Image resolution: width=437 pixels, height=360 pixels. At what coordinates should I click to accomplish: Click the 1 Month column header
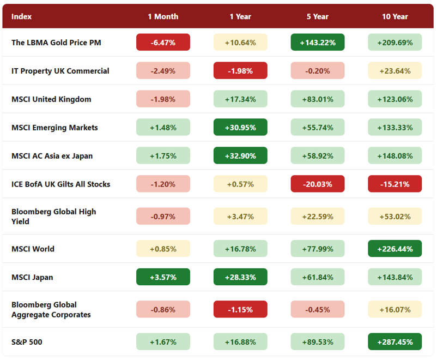coord(163,16)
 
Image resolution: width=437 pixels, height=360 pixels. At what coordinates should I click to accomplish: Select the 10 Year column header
coord(394,16)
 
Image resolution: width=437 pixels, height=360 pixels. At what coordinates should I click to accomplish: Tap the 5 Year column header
coord(318,16)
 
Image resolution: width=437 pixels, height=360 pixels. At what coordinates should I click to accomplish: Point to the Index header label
coord(21,16)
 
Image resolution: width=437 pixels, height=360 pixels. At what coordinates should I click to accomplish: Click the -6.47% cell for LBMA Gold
coord(163,43)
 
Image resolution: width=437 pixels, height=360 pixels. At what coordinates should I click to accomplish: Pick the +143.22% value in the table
coord(318,43)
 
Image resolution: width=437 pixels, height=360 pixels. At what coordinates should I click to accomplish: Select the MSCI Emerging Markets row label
coord(54,128)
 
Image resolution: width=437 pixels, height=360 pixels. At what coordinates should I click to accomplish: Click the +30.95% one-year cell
coord(240,127)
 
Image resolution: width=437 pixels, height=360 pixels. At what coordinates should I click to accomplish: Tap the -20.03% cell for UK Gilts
coord(318,184)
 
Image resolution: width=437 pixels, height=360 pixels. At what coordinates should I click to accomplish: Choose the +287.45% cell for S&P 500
coord(394,341)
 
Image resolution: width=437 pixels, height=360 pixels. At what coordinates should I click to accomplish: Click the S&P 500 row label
coord(27,342)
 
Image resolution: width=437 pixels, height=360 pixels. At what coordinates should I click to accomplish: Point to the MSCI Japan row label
coord(32,278)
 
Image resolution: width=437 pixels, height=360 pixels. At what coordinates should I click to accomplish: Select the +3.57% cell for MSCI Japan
coord(163,277)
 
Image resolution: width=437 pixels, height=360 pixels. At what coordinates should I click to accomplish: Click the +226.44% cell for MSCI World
coord(394,249)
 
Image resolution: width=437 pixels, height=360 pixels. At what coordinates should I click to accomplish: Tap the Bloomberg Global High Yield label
coord(53,217)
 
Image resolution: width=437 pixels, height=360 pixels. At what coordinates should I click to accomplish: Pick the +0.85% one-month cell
coord(163,249)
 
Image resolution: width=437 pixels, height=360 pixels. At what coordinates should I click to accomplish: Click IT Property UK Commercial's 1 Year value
coord(240,70)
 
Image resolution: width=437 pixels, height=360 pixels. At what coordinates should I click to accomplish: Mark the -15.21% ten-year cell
coord(394,184)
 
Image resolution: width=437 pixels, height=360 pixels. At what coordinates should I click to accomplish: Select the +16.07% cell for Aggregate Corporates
coord(394,309)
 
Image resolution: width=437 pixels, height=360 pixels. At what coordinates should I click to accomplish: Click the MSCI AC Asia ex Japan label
coord(52,155)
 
